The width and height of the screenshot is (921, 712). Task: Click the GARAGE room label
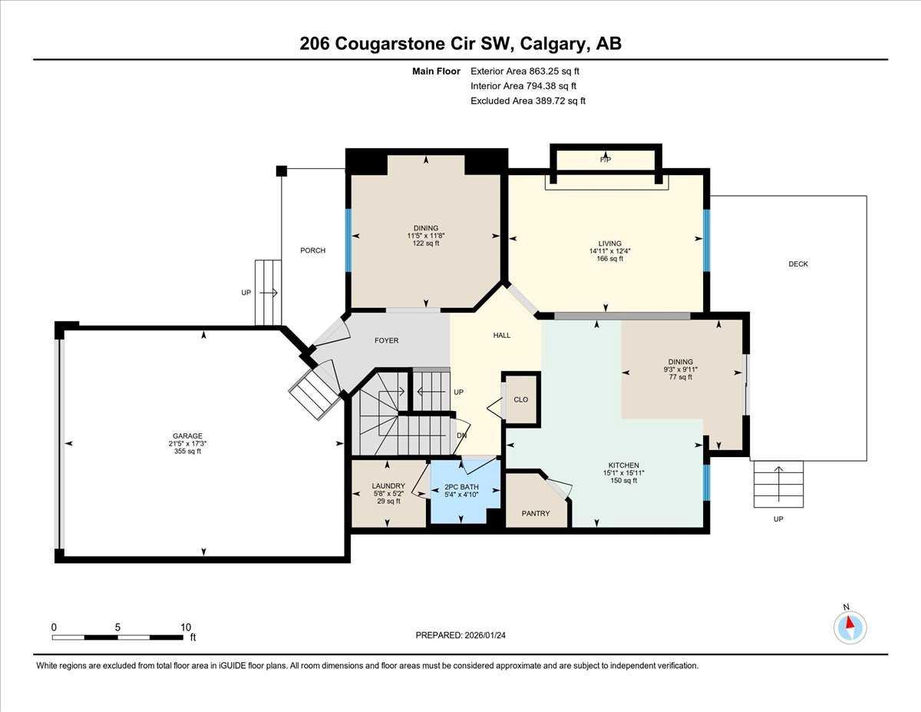point(187,435)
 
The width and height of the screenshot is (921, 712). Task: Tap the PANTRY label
point(535,513)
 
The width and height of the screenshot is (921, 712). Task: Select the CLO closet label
point(520,399)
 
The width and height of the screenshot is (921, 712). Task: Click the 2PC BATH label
point(461,487)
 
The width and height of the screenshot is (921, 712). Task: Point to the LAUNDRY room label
point(388,485)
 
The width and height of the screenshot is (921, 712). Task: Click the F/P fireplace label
point(606,160)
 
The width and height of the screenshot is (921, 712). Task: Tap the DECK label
point(798,264)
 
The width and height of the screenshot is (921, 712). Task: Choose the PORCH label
point(312,250)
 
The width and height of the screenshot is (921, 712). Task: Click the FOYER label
point(386,340)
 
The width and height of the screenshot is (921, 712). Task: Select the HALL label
point(501,335)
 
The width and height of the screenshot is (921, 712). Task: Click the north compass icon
point(850,627)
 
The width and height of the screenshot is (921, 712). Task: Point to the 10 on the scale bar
point(186,627)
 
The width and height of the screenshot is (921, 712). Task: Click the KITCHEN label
point(624,465)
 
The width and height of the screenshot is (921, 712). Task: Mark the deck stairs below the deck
point(778,484)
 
